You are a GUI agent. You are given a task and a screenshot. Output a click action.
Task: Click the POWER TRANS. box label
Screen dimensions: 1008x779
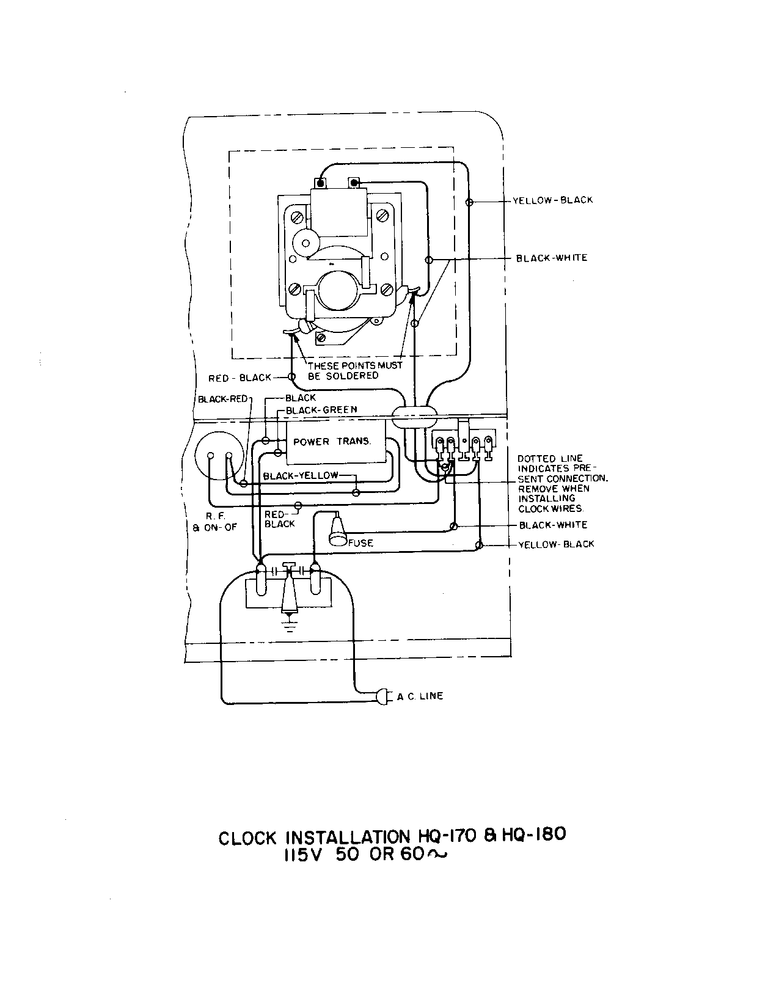[x=332, y=442]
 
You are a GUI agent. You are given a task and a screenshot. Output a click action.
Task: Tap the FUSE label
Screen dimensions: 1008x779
[x=360, y=542]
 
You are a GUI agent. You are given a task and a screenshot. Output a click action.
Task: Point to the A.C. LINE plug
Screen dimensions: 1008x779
[x=383, y=696]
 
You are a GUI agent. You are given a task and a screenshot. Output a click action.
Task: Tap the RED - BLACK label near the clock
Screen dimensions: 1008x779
[x=240, y=378]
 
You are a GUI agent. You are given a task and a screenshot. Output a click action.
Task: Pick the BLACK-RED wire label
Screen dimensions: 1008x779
[x=222, y=399]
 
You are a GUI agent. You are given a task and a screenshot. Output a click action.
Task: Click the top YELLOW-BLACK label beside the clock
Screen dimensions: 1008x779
[x=552, y=200]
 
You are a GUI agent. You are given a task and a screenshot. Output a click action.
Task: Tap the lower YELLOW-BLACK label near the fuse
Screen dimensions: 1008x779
[x=556, y=544]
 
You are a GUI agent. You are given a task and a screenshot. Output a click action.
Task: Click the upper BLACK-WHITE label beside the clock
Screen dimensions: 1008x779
[x=552, y=258]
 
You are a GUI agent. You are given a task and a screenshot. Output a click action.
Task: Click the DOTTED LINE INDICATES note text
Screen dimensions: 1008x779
[x=562, y=483]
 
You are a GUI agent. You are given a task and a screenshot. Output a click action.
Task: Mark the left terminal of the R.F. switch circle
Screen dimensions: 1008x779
[x=210, y=456]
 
